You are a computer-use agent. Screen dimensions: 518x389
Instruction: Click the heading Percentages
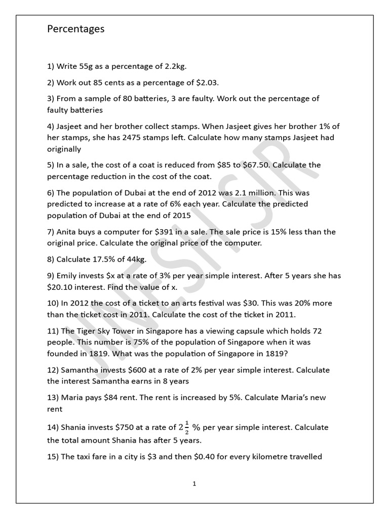76,29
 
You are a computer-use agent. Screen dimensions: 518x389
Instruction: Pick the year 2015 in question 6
180,215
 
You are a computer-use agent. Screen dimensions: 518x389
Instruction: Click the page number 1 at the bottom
194,484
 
